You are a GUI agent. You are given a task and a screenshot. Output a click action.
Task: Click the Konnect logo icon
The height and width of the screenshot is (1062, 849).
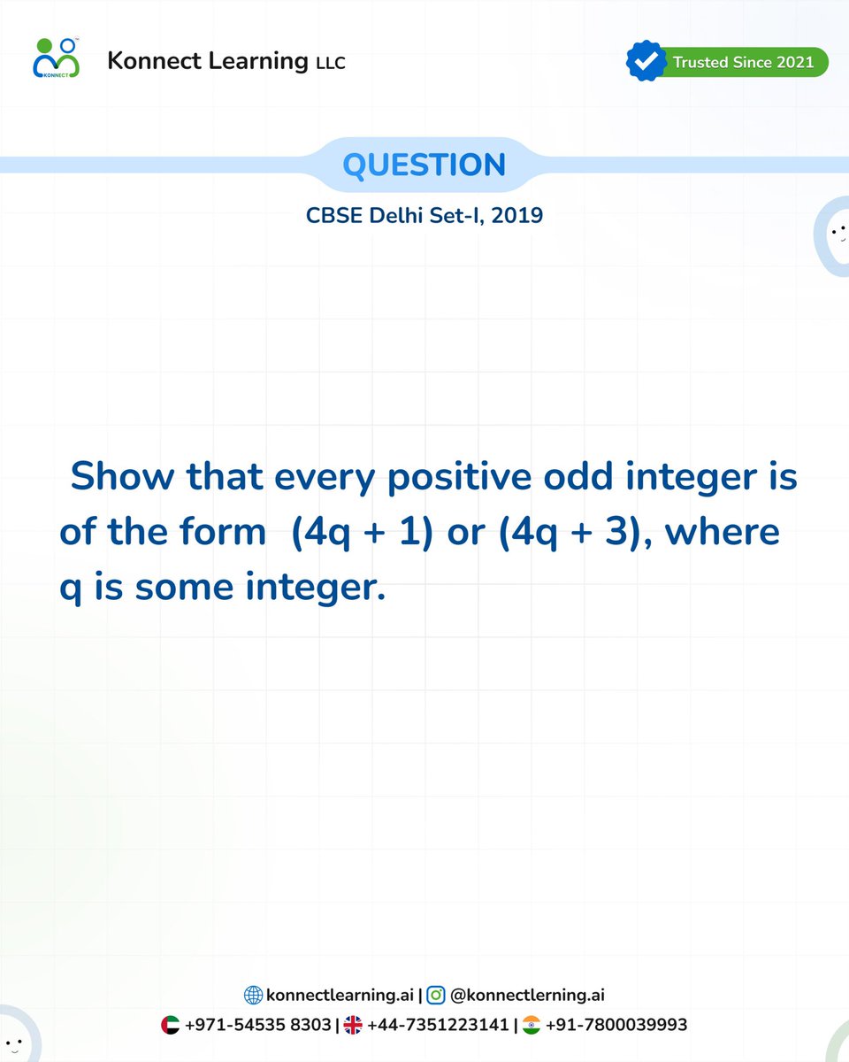point(56,58)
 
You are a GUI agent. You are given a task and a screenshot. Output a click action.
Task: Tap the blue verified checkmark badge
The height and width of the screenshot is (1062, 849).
point(645,61)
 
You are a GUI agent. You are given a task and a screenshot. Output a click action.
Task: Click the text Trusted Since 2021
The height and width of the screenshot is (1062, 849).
point(743,62)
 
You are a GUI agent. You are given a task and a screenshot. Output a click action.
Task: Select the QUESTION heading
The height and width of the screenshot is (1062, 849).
point(424,165)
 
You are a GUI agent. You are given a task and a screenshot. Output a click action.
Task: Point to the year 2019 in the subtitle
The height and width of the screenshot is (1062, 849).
point(517,214)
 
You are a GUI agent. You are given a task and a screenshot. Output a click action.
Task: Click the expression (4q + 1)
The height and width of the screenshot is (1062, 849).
point(361,533)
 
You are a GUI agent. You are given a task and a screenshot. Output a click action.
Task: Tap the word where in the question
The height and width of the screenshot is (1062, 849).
point(731,533)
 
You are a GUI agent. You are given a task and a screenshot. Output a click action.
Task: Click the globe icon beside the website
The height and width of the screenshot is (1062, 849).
point(253,996)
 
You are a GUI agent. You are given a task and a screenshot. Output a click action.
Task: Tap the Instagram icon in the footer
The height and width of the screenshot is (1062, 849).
point(435,996)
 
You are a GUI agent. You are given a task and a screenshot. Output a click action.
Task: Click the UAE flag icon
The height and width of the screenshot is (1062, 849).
point(171,1026)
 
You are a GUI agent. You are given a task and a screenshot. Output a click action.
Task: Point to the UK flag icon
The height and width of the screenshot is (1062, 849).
point(353,1026)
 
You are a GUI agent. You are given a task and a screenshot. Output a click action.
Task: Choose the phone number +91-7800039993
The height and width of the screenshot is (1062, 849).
point(616,1026)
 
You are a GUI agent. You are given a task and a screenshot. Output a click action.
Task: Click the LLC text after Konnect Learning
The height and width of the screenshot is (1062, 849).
point(330,63)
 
